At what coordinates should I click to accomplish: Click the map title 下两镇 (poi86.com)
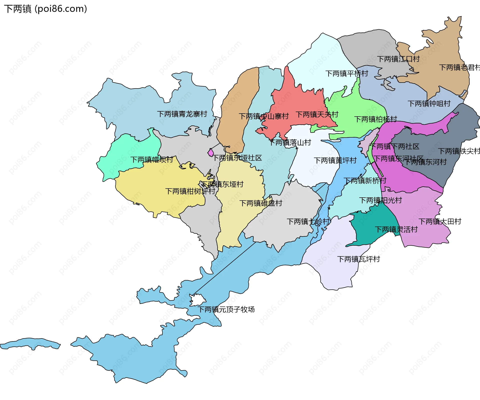[x=45, y=9]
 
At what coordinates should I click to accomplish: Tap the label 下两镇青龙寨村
[x=182, y=114]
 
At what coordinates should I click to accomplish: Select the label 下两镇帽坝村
[x=151, y=160]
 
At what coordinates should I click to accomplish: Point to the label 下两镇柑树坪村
[x=190, y=191]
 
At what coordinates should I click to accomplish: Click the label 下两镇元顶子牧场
[x=226, y=309]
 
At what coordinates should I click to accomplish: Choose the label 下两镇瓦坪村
[x=358, y=259]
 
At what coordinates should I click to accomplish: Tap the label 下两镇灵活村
[x=396, y=229]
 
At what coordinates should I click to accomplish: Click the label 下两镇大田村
[x=440, y=221]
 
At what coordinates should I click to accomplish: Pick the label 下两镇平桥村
[x=347, y=74]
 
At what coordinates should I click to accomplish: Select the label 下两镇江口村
[x=398, y=59]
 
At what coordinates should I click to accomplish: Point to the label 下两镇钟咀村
[x=429, y=104]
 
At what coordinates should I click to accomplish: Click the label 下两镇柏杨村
[x=375, y=119]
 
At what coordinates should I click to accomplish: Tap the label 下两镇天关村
[x=317, y=115]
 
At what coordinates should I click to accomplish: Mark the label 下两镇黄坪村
[x=335, y=160]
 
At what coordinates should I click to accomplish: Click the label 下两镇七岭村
[x=308, y=221]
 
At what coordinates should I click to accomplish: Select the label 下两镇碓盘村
[x=260, y=203]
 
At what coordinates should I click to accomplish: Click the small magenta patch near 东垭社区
[x=211, y=152]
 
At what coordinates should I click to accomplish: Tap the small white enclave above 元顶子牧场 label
[x=197, y=300]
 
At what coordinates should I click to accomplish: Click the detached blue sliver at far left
[x=30, y=344]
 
